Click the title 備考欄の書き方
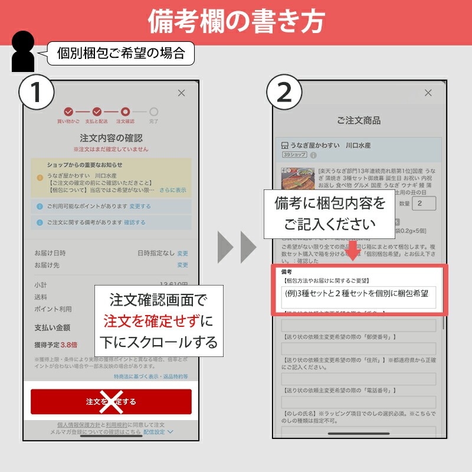pos(236,22)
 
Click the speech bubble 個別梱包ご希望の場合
pos(120,54)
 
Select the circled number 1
pos(37,93)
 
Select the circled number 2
pos(284,93)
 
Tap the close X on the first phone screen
pos(181,93)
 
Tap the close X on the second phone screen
pos(428,93)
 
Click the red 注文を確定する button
pos(111,402)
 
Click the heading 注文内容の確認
pos(111,138)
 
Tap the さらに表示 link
pos(172,191)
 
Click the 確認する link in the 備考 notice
pos(135,222)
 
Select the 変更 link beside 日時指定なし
pos(183,253)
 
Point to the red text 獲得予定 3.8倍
pos(56,345)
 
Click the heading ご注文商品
pos(359,120)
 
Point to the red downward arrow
pos(354,251)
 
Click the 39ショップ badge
pos(294,155)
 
